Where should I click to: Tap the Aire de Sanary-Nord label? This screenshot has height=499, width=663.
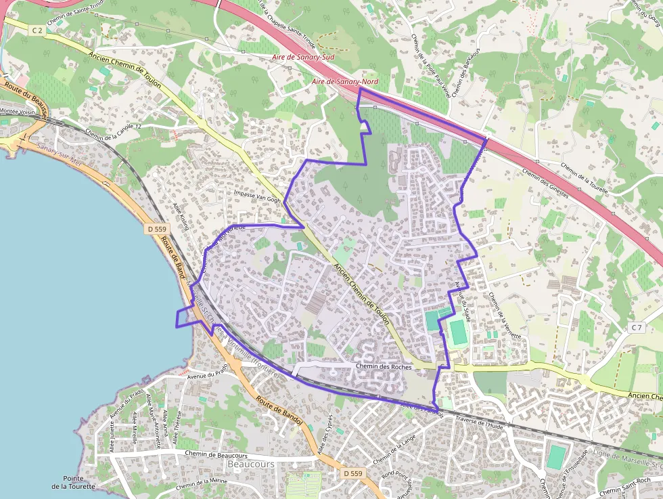point(345,82)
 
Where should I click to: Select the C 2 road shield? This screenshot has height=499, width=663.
point(37,30)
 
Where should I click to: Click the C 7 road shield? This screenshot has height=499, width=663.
point(636,328)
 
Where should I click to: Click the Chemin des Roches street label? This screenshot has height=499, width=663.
point(383,366)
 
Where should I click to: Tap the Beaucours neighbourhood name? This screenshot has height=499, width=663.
point(251,464)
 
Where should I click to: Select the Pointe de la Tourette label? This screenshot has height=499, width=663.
point(73,482)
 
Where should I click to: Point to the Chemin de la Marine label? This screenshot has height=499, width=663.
point(202,483)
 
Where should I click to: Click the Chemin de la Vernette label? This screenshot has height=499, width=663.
point(505,315)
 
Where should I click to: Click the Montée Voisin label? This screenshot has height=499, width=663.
point(17,111)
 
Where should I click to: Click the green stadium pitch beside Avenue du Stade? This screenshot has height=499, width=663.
point(458,332)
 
